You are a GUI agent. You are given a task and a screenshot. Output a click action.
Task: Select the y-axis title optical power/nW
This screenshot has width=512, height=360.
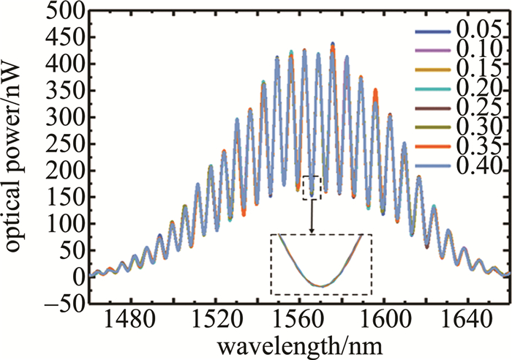pos(16,158)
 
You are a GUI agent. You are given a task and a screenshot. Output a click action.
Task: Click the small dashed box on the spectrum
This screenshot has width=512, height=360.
pos(312,187)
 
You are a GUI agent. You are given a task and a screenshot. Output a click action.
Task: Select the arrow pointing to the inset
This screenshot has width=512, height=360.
pos(312,217)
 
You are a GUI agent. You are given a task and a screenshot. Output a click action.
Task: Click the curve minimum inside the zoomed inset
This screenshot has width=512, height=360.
pos(322,285)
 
